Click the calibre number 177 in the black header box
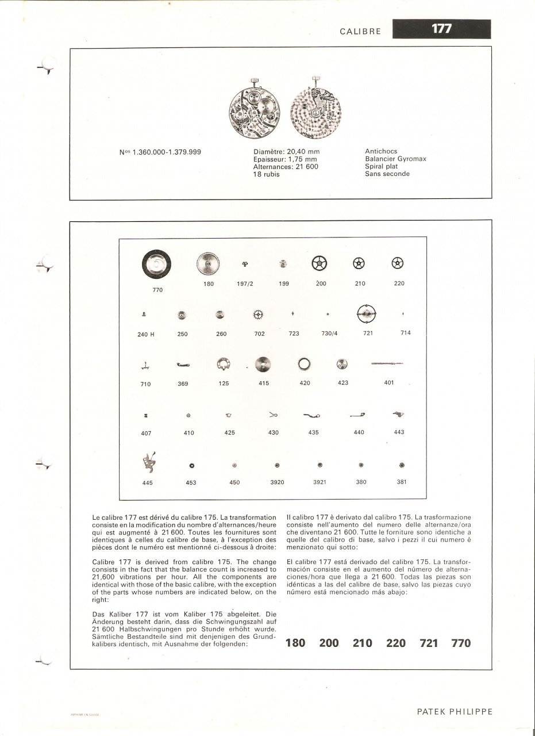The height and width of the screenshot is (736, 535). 441,29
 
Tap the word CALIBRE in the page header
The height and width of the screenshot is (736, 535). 360,31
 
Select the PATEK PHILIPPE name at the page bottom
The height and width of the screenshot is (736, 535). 455,711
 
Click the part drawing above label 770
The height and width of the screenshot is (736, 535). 157,264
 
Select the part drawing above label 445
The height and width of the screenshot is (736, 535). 148,462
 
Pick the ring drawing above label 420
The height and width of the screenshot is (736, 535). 304,364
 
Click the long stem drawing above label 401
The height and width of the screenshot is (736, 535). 387,363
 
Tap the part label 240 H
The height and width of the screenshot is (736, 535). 146,334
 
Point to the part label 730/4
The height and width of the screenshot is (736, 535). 329,333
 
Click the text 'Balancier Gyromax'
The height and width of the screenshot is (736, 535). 395,159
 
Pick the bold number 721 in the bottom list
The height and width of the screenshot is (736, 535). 429,643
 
